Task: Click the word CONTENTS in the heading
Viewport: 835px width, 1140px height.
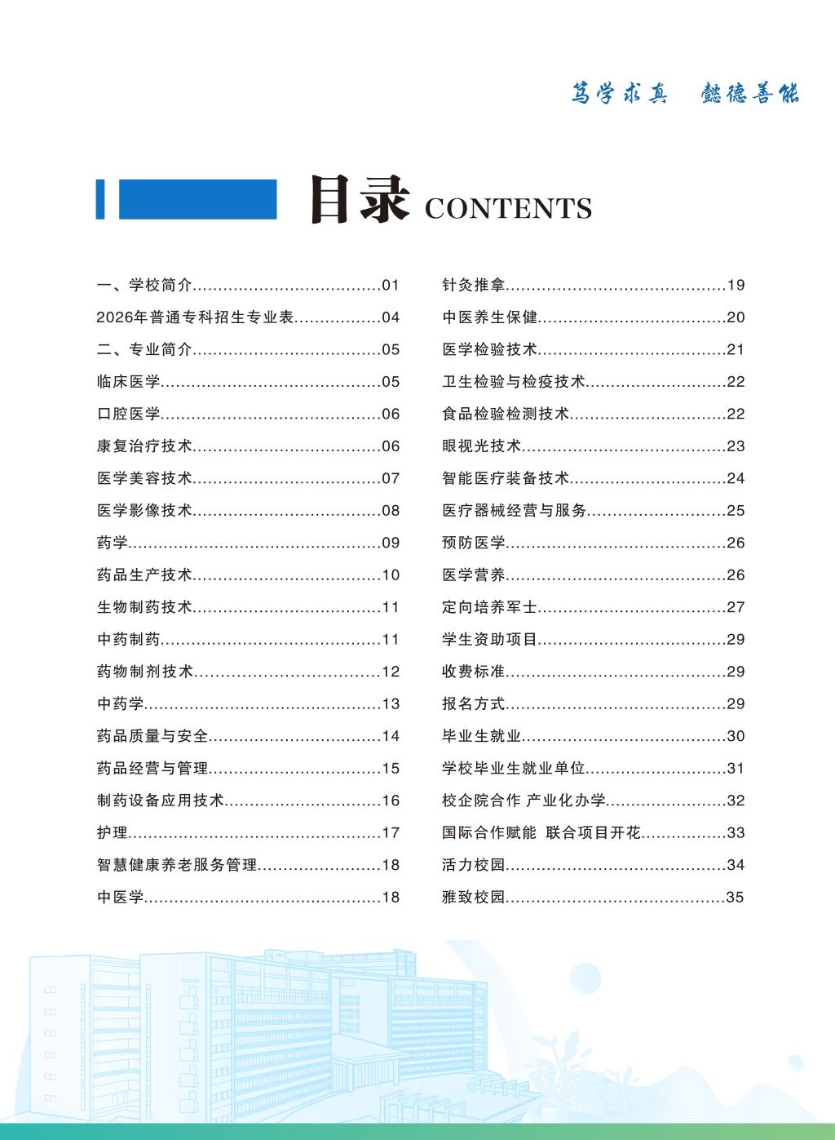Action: (508, 209)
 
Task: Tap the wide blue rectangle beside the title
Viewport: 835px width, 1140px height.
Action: (197, 199)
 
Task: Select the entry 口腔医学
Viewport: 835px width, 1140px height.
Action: (129, 415)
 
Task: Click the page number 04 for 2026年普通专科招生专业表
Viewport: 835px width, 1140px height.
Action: (391, 318)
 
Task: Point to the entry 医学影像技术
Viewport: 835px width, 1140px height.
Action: (144, 511)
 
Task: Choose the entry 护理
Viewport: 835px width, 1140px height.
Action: (113, 833)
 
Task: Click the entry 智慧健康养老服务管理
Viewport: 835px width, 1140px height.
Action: (177, 865)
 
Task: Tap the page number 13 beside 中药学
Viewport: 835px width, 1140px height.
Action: (391, 704)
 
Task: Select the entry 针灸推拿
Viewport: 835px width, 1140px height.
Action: (474, 286)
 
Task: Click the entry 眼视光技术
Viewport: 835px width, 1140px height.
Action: (481, 446)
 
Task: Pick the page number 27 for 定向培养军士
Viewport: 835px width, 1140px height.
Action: (736, 607)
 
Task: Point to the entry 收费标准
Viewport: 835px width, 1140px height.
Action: (474, 672)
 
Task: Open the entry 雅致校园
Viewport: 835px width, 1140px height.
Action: (474, 898)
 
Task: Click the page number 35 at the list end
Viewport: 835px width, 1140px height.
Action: (736, 898)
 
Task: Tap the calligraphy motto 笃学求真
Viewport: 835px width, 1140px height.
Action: (620, 94)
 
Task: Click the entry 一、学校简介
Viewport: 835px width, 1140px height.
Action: (144, 286)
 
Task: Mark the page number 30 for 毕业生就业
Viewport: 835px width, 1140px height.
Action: (736, 736)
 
